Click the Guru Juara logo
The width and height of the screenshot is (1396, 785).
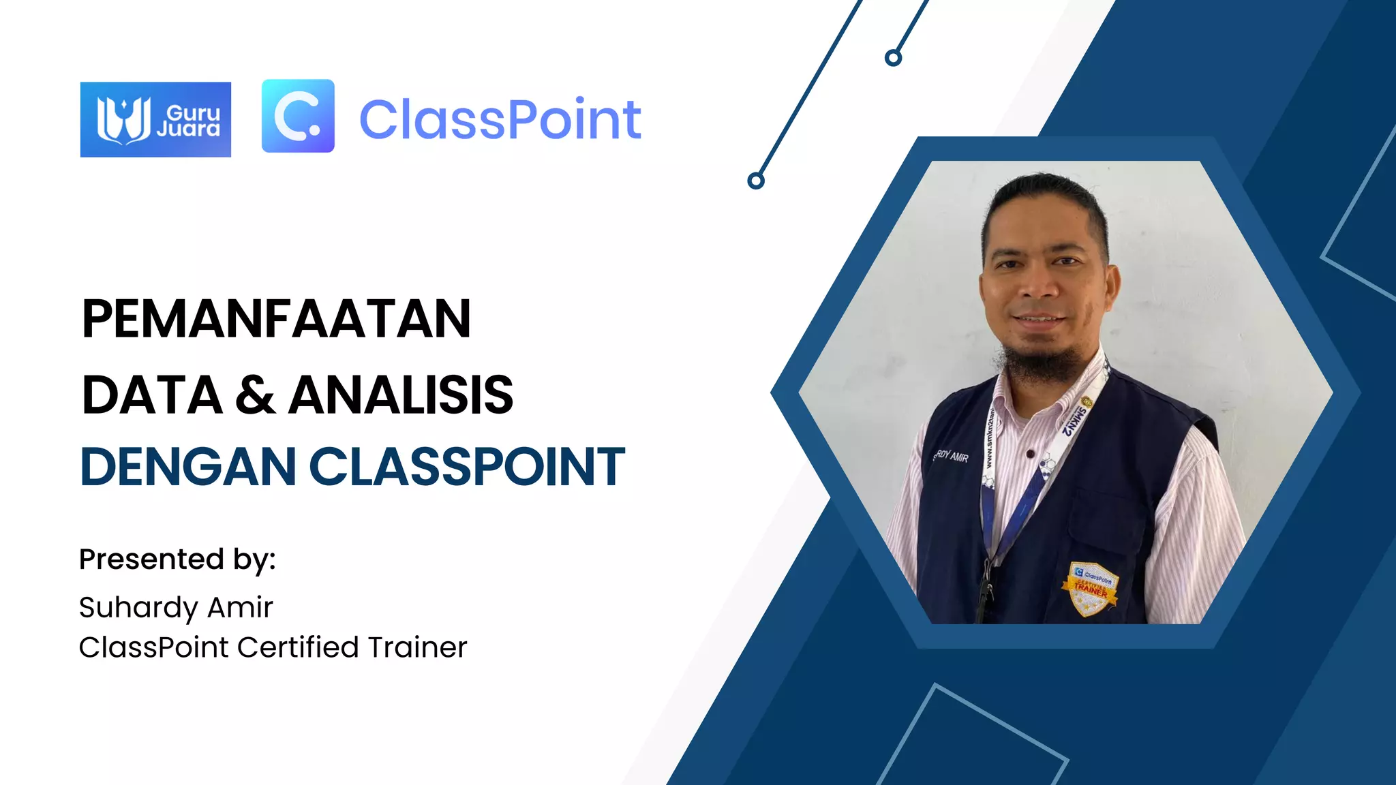(x=155, y=119)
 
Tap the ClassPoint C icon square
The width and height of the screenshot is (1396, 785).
(x=298, y=116)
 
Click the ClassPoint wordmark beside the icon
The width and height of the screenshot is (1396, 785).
(x=500, y=120)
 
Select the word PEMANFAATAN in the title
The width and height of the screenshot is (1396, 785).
(x=276, y=319)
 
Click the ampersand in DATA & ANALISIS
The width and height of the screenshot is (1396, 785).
(x=256, y=395)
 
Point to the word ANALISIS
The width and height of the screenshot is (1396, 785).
(x=401, y=395)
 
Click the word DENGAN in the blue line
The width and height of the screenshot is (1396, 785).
(x=188, y=467)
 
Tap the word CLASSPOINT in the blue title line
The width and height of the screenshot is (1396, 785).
(x=467, y=467)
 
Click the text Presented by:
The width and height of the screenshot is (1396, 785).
(x=177, y=559)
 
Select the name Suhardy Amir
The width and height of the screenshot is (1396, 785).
(x=176, y=607)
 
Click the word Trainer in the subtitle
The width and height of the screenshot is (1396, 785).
(x=417, y=647)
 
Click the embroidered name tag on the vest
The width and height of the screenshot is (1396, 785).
(x=951, y=456)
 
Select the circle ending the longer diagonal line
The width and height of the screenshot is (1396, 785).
(x=755, y=181)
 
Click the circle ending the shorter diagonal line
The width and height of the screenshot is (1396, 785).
(x=893, y=58)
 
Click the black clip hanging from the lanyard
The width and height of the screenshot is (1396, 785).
(x=984, y=593)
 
